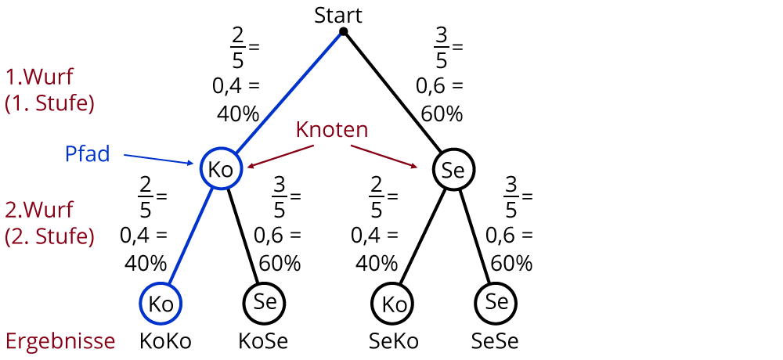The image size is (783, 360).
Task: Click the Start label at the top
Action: [x=338, y=14]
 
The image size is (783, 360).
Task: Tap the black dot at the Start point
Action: [x=343, y=31]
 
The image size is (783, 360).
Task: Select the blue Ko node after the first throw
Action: [x=221, y=169]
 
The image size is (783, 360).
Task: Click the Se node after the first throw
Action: [x=454, y=169]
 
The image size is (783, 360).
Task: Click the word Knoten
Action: [x=332, y=130]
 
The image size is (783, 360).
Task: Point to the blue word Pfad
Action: [x=87, y=153]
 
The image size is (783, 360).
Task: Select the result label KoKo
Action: [x=165, y=341]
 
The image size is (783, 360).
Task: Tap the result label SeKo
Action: [x=393, y=341]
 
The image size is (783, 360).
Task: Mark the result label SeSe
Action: [x=495, y=341]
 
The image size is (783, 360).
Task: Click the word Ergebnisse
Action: [x=60, y=341]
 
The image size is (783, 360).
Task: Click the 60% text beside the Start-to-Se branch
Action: [x=441, y=113]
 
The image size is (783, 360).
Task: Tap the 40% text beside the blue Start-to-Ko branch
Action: [x=237, y=113]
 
